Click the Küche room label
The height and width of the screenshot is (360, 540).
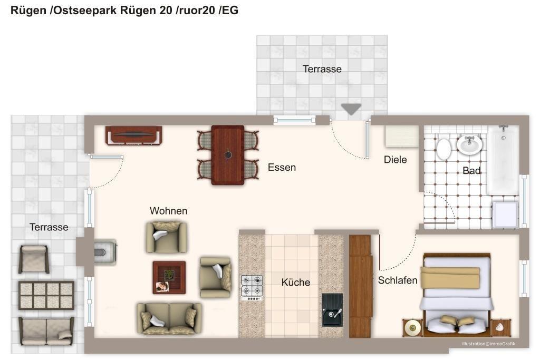(295, 282)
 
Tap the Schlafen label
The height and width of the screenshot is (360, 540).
(398, 280)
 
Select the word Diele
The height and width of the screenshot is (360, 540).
(396, 159)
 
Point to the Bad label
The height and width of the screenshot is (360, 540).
(471, 170)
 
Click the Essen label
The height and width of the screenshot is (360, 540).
(282, 167)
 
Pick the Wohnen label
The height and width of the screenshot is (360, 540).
(168, 211)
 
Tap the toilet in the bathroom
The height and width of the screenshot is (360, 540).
(443, 149)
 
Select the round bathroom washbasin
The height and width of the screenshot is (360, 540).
(469, 144)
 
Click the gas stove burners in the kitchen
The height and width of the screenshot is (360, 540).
(252, 286)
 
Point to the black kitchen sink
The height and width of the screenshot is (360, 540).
(332, 310)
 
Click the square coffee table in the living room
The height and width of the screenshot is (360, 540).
(169, 277)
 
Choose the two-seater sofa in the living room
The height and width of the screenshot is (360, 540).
(169, 319)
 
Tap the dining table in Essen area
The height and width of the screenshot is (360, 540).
(228, 155)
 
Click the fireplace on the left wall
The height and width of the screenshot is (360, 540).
(105, 252)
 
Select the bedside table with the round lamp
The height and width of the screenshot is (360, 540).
(412, 327)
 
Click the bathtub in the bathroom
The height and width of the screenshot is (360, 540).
(504, 160)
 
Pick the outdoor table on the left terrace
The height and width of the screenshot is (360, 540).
(46, 295)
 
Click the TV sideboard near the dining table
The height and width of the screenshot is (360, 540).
(133, 135)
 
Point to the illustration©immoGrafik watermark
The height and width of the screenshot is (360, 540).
(489, 344)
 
